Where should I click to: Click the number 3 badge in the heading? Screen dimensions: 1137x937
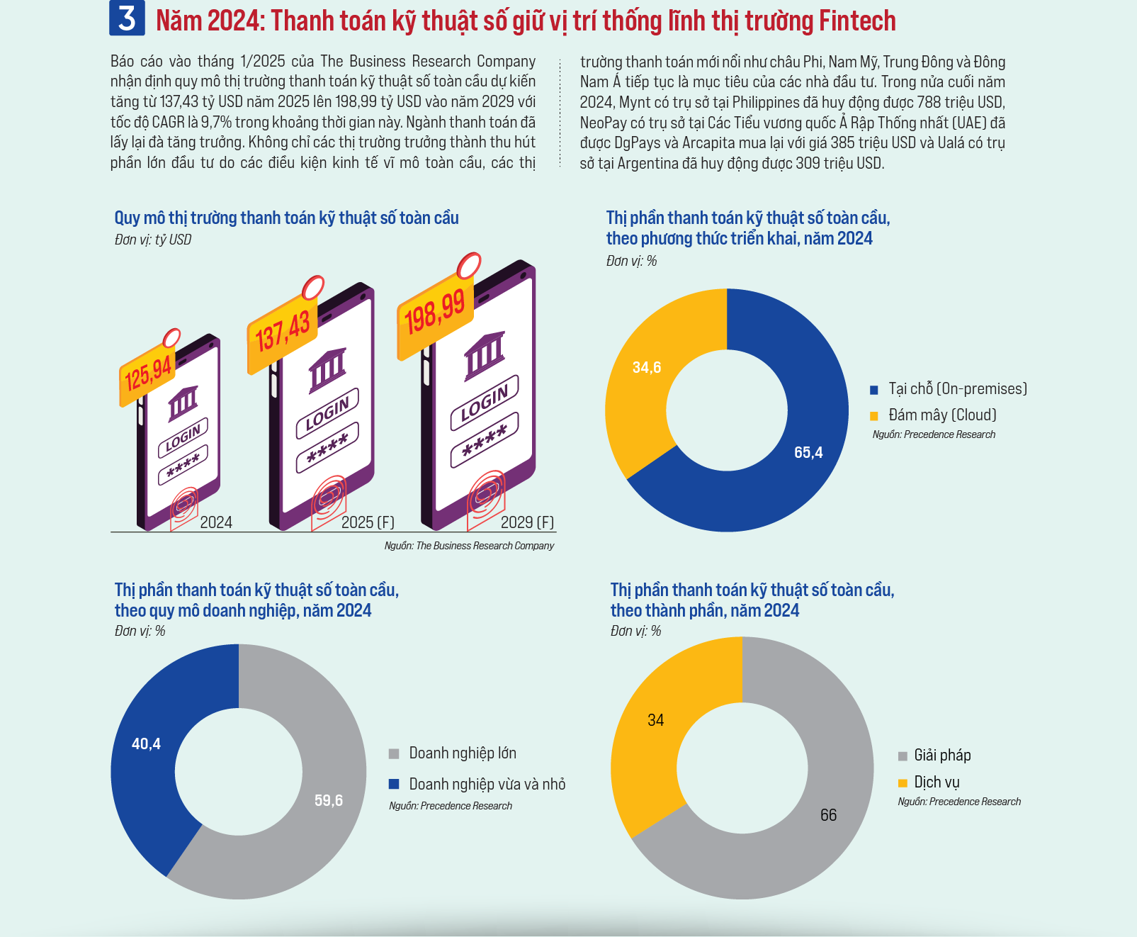pos(127,18)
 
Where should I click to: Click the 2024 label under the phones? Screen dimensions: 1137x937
pos(216,522)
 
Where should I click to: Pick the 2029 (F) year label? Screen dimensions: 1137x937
pos(528,522)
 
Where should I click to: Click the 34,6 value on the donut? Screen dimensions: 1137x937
pos(647,367)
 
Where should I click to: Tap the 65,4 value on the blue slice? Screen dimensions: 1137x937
pos(808,452)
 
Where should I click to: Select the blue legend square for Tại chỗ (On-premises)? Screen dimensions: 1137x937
pos(874,390)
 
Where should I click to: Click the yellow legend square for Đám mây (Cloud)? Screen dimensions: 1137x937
pos(874,416)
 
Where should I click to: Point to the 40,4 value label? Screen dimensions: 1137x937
pos(146,744)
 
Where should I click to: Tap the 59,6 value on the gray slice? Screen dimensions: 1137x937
pos(329,800)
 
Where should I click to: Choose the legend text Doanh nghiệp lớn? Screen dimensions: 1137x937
pos(463,753)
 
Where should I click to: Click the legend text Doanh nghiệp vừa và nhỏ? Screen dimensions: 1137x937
pos(487,784)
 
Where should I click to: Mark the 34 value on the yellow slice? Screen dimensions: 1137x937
pos(656,720)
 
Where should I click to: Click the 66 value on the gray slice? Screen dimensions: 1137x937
pos(829,815)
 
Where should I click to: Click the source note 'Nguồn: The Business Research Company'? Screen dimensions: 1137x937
pos(469,546)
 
